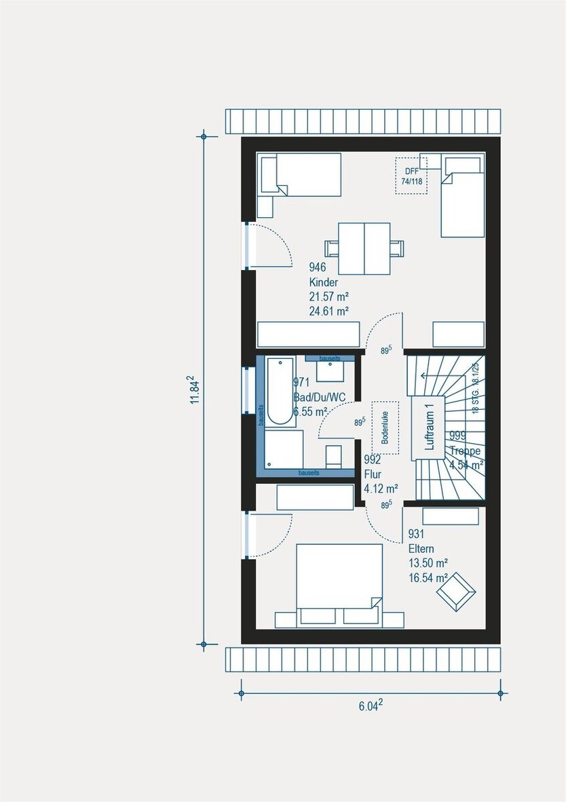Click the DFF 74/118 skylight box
[411, 176]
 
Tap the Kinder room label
[324, 283]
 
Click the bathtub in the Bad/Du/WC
[279, 392]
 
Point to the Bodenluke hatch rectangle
[385, 427]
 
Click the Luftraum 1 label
[428, 427]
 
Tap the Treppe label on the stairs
[465, 451]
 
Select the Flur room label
[373, 474]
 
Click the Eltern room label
[421, 549]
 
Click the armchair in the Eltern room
[456, 590]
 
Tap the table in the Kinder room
[364, 248]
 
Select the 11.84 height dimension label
[194, 391]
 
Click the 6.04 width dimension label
[371, 705]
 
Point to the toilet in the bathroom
[333, 456]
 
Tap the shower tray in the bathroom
[283, 448]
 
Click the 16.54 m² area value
[428, 577]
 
